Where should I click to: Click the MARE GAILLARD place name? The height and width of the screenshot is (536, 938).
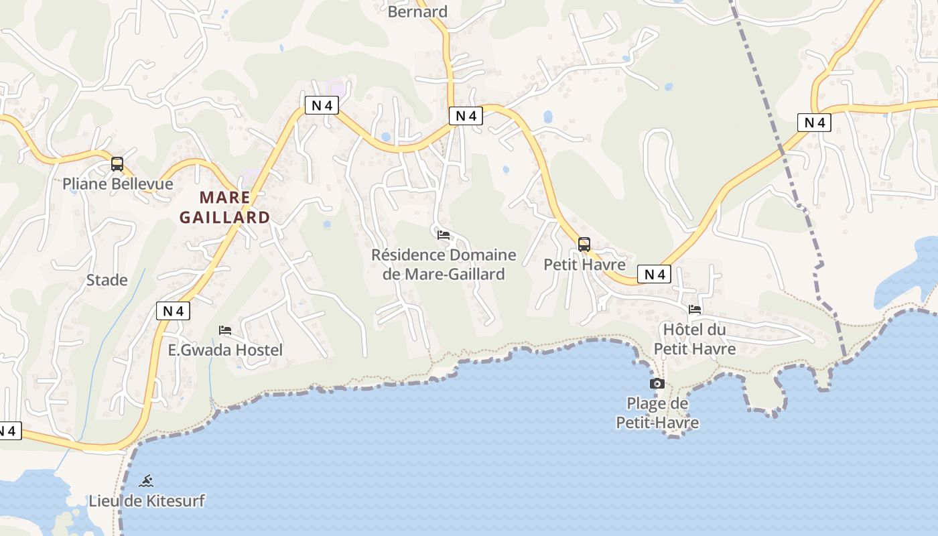pyautogui.click(x=224, y=207)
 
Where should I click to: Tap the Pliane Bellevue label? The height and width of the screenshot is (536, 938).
pyautogui.click(x=118, y=184)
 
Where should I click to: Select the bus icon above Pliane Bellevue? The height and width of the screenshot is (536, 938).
pyautogui.click(x=117, y=164)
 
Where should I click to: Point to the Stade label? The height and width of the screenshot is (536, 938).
pyautogui.click(x=107, y=279)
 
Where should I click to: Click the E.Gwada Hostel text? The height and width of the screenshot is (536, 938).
pyautogui.click(x=225, y=350)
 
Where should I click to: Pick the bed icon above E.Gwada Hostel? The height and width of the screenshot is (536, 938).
pyautogui.click(x=225, y=330)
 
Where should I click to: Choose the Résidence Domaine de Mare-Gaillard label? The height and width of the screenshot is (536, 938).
pyautogui.click(x=444, y=265)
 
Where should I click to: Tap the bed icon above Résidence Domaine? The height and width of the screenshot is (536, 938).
pyautogui.click(x=444, y=235)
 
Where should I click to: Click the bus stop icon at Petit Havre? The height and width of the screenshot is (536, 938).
pyautogui.click(x=584, y=245)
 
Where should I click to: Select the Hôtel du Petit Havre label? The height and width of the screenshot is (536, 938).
pyautogui.click(x=695, y=339)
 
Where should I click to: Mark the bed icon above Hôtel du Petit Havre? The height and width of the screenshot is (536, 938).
pyautogui.click(x=695, y=310)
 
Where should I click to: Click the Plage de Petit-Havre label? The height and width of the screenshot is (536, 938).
pyautogui.click(x=657, y=413)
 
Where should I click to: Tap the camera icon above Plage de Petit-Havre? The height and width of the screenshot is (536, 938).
pyautogui.click(x=657, y=384)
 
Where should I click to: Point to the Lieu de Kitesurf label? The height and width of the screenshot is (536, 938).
pyautogui.click(x=147, y=500)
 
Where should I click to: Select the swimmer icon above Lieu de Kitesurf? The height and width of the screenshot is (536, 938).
pyautogui.click(x=147, y=480)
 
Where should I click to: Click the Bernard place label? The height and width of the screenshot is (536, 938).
pyautogui.click(x=417, y=11)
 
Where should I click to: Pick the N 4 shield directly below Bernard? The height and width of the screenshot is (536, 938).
pyautogui.click(x=466, y=116)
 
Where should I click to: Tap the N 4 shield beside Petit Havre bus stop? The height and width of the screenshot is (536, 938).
pyautogui.click(x=654, y=274)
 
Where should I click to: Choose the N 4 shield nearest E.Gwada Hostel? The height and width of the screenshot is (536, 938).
pyautogui.click(x=173, y=311)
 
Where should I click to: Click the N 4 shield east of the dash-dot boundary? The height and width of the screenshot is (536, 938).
pyautogui.click(x=814, y=123)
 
